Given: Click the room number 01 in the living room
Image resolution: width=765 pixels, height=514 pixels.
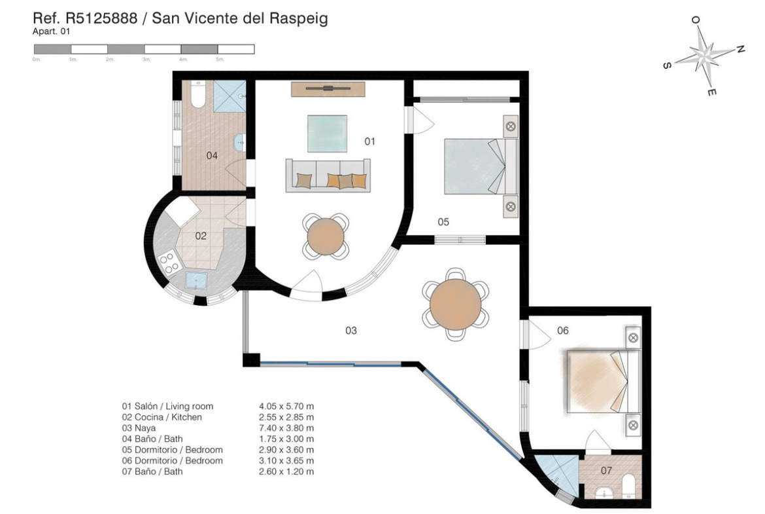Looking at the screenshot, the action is coord(370,141).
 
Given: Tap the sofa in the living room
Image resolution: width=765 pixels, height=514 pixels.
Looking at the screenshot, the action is coord(328,175).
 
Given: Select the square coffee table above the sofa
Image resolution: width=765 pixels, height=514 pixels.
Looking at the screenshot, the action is coord(327,134).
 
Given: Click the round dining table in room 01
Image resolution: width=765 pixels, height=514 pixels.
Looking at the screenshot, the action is coord(326,236).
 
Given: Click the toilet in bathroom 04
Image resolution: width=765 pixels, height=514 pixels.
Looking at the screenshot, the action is coord(198,94).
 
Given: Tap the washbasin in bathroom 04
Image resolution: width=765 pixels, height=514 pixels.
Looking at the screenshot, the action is coord(239,143).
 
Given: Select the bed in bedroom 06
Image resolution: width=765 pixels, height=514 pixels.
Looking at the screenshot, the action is coord(603,380).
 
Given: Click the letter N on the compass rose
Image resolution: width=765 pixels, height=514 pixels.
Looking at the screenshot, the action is coord(740,49).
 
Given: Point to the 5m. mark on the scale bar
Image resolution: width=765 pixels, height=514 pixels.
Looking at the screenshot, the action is coord(220,60).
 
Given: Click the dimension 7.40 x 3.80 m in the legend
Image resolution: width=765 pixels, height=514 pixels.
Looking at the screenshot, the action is coord(286,428).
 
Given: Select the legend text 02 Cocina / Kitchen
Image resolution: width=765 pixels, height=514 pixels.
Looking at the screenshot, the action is coord(162,417).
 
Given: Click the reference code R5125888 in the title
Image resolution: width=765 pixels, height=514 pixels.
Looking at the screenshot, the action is coord(101,18).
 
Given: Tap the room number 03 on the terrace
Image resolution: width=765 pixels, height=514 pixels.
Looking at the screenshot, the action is coord(351,331).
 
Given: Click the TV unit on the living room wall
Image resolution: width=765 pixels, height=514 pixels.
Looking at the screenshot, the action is coord(328,89).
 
